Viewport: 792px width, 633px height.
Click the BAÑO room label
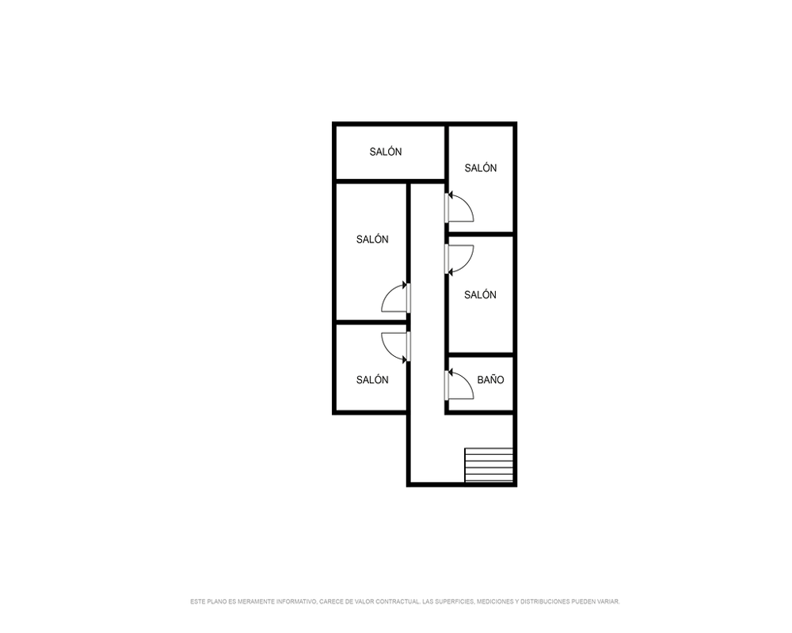(x=490, y=380)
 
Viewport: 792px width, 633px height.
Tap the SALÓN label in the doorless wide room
(x=386, y=151)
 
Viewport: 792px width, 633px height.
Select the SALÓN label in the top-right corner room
(x=481, y=168)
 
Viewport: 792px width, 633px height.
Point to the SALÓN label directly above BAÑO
(x=480, y=295)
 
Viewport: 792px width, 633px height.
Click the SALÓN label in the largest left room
(x=372, y=239)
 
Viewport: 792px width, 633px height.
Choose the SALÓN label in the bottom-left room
(x=372, y=380)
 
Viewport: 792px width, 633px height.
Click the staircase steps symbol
(x=489, y=465)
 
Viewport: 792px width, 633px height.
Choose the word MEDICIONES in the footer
(x=496, y=601)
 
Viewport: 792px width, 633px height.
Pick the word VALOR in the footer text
(x=364, y=601)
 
